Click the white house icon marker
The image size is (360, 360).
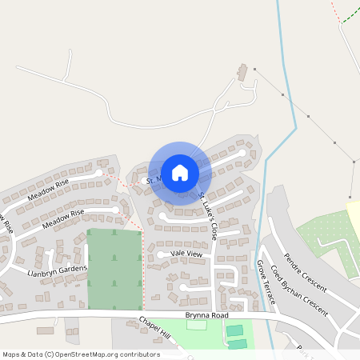coord(179,172)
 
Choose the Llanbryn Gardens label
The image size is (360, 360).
coord(57,271)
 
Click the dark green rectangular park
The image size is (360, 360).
coord(114,268)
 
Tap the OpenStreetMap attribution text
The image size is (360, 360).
coord(81,354)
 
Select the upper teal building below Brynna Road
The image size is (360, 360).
coord(234,330)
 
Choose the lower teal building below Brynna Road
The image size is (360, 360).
coord(238,344)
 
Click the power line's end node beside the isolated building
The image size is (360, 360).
coord(254,70)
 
